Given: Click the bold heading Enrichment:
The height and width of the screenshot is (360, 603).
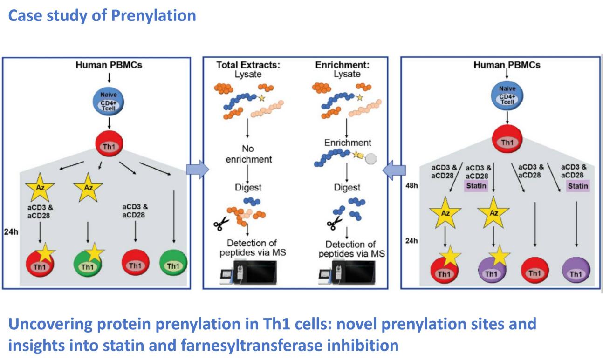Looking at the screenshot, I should coord(336,65).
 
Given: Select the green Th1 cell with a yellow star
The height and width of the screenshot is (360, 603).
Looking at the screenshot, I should coord(87,264).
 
